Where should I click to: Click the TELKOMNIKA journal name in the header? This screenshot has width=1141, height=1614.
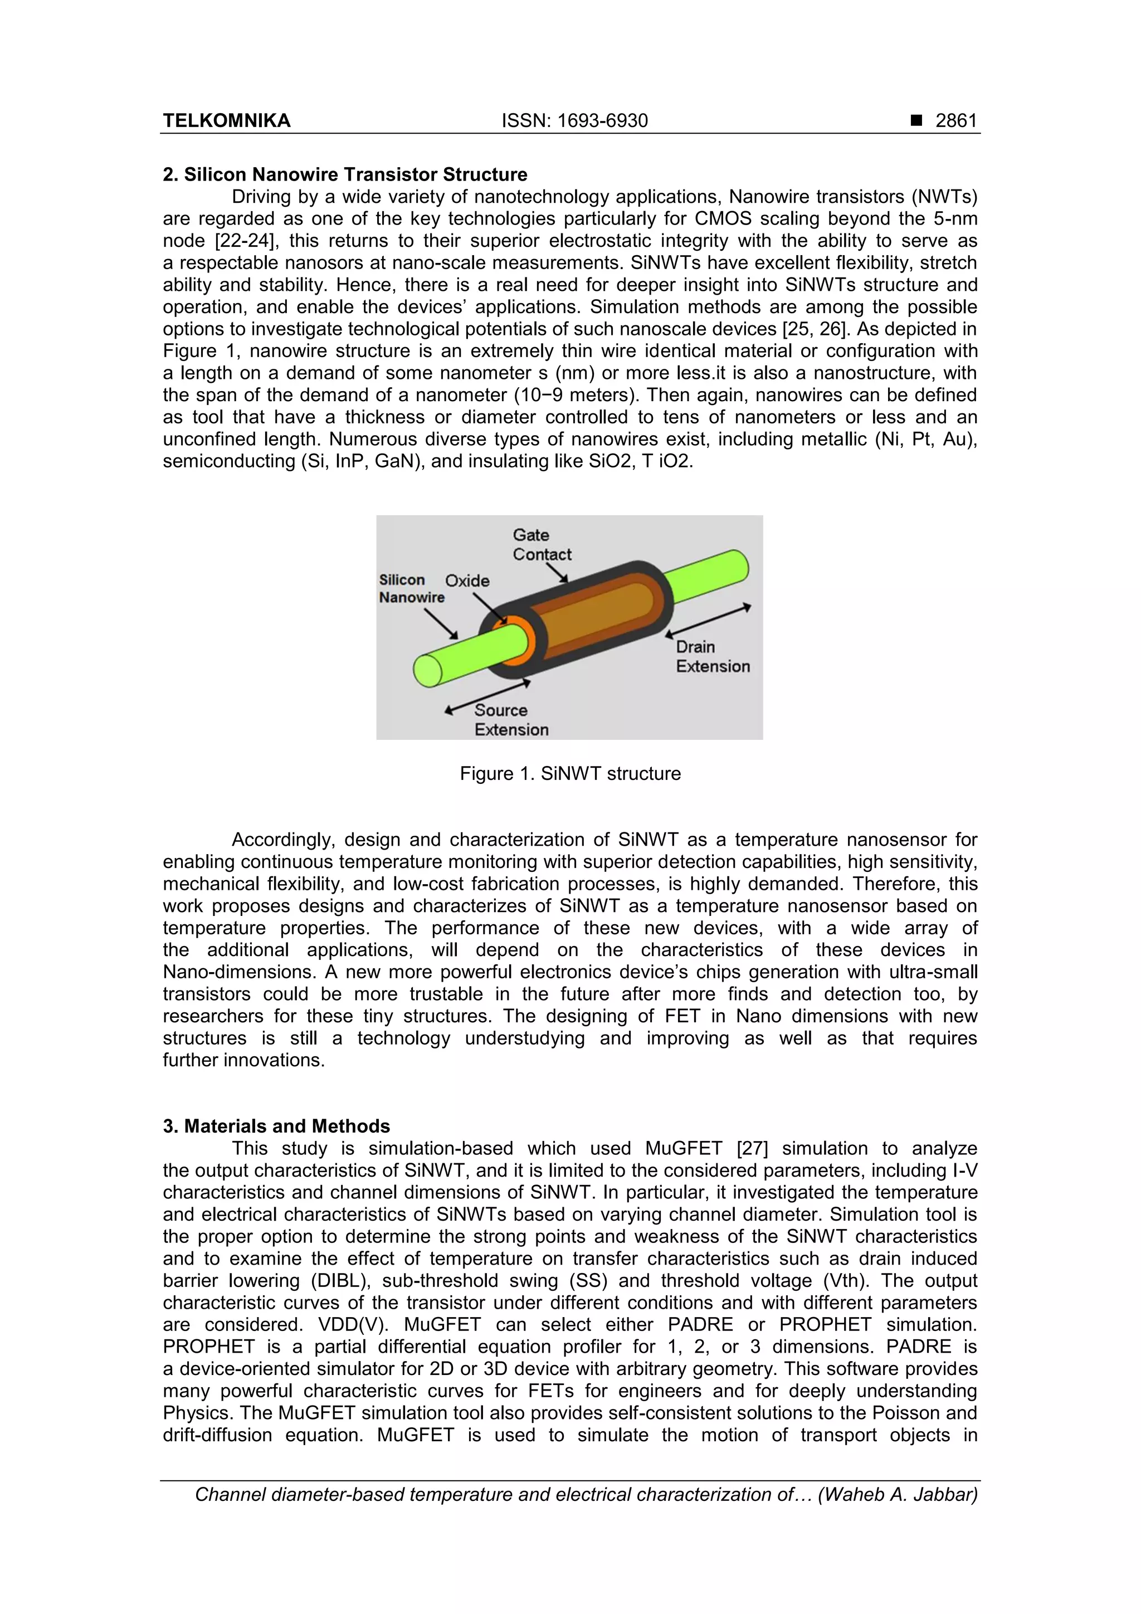[226, 121]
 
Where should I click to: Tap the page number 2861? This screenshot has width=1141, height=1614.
[956, 121]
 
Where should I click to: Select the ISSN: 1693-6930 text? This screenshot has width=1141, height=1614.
[574, 121]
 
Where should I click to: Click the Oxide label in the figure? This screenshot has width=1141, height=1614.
[467, 581]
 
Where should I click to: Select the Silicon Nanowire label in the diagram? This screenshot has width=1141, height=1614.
[411, 588]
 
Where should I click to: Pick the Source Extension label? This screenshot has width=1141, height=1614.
[511, 720]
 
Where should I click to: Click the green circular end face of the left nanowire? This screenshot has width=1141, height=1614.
[427, 670]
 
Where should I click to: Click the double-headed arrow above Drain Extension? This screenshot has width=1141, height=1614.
[708, 620]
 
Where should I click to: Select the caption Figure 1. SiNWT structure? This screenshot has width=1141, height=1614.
[570, 774]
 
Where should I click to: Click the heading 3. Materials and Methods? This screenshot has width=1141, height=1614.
[276, 1125]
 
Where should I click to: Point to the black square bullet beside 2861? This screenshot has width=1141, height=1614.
[916, 121]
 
